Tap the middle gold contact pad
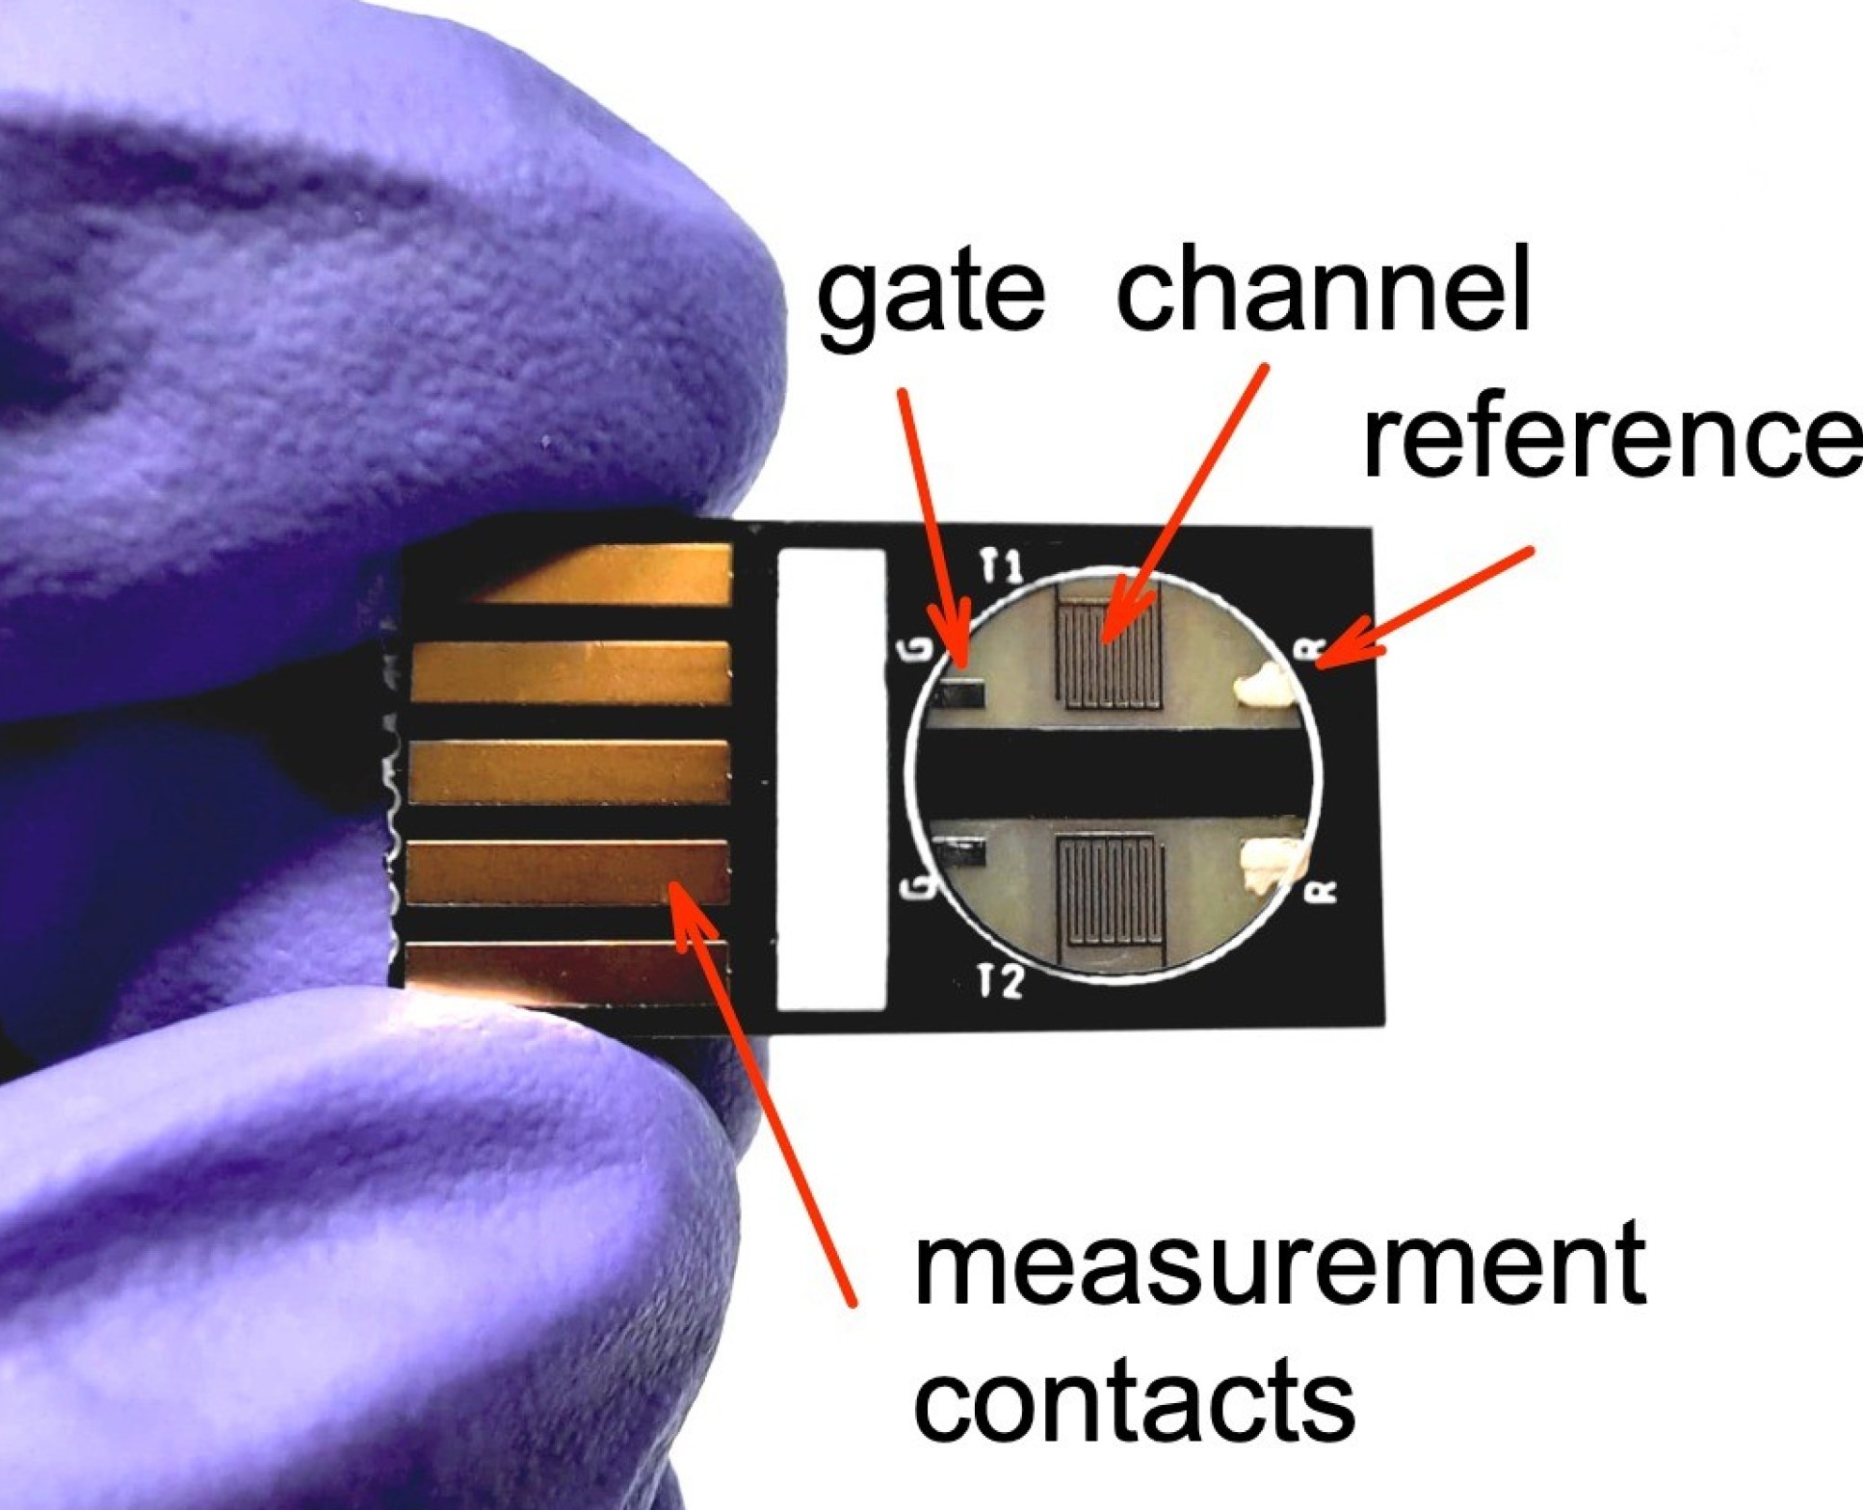click(568, 771)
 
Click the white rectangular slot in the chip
click(830, 778)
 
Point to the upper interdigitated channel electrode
click(1108, 644)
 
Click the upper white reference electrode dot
click(1264, 685)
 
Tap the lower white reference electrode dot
click(1272, 862)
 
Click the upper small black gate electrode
click(962, 693)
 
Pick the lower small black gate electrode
click(964, 852)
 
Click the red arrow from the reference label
click(1426, 607)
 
